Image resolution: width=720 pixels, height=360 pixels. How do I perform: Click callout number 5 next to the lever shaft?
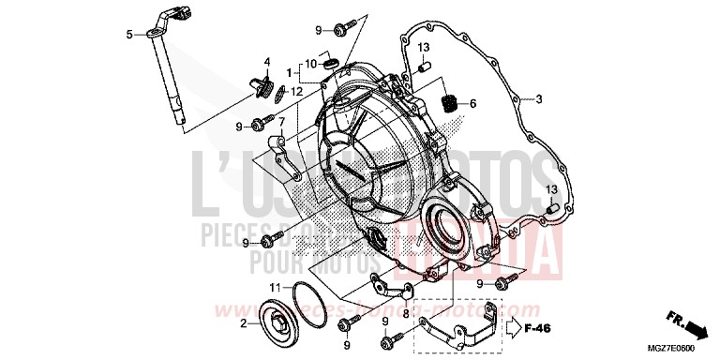(x=129, y=36)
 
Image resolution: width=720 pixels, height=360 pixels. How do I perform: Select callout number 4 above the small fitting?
(x=267, y=63)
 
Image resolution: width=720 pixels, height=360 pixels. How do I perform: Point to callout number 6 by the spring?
(x=473, y=103)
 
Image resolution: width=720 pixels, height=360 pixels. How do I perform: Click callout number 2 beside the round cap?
(x=243, y=323)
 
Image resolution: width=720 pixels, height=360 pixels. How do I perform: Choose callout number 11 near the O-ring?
(x=274, y=287)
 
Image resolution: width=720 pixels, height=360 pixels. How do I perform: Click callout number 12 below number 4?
(x=296, y=91)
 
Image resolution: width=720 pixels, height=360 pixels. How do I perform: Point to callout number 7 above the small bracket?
(x=280, y=123)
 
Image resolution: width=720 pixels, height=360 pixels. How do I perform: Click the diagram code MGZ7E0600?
(x=688, y=350)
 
